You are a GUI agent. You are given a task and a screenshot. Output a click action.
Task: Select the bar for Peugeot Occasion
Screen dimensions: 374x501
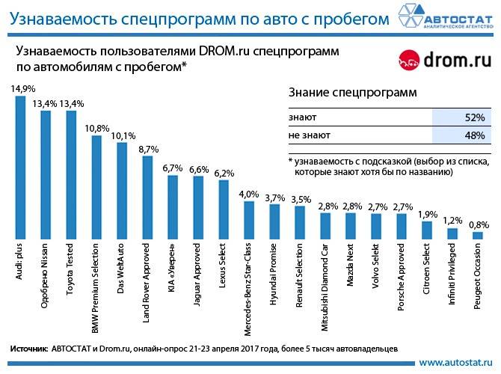tap(477, 236)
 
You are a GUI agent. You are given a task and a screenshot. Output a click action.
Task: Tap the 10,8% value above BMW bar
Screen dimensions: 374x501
tap(96, 128)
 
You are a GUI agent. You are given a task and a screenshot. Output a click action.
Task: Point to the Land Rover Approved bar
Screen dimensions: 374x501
tap(147, 197)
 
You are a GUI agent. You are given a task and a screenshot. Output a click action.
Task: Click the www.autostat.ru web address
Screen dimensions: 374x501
tap(455, 363)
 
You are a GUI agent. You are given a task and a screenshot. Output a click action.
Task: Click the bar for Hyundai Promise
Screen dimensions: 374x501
tap(274, 221)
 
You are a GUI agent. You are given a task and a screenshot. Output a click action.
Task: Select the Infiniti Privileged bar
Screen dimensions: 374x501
tap(452, 233)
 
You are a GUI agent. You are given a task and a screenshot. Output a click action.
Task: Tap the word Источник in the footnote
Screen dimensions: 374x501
tap(29, 349)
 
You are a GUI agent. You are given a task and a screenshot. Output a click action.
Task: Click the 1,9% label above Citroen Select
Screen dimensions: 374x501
tap(426, 215)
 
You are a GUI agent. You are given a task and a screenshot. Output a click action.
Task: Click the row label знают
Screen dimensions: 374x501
tap(302, 118)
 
